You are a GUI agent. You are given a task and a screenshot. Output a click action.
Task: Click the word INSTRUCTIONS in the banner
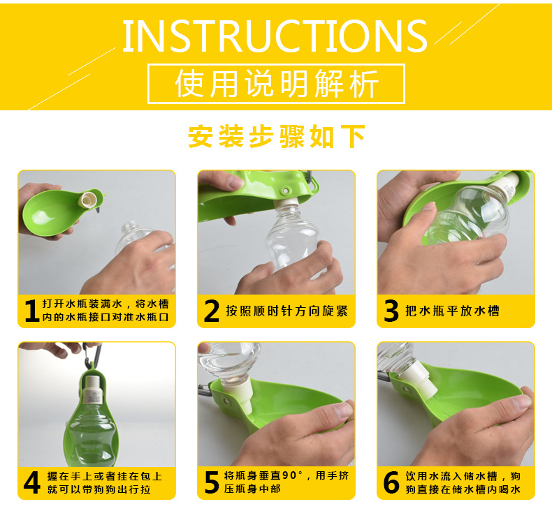click(x=275, y=36)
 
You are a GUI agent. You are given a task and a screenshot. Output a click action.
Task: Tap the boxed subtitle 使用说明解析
click(x=277, y=84)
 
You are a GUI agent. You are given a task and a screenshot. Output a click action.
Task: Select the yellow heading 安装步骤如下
click(x=277, y=137)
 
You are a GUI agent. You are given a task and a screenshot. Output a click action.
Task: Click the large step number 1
click(x=31, y=311)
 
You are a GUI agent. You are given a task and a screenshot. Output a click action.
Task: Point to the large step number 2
click(x=212, y=311)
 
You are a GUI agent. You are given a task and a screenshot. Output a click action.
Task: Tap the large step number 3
click(x=391, y=311)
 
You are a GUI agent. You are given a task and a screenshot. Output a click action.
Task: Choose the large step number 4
click(x=31, y=482)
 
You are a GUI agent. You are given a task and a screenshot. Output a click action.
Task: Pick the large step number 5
click(x=212, y=482)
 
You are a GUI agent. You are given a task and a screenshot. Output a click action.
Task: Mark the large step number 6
click(x=391, y=482)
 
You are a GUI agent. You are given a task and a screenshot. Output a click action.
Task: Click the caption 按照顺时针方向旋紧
click(x=287, y=311)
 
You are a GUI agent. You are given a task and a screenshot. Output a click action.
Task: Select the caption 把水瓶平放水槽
click(x=452, y=311)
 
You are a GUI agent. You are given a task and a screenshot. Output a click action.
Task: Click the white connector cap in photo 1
click(x=88, y=200)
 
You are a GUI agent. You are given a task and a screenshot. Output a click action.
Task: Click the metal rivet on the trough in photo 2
click(x=285, y=191)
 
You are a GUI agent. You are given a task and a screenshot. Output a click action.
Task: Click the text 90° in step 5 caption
click(x=293, y=475)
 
